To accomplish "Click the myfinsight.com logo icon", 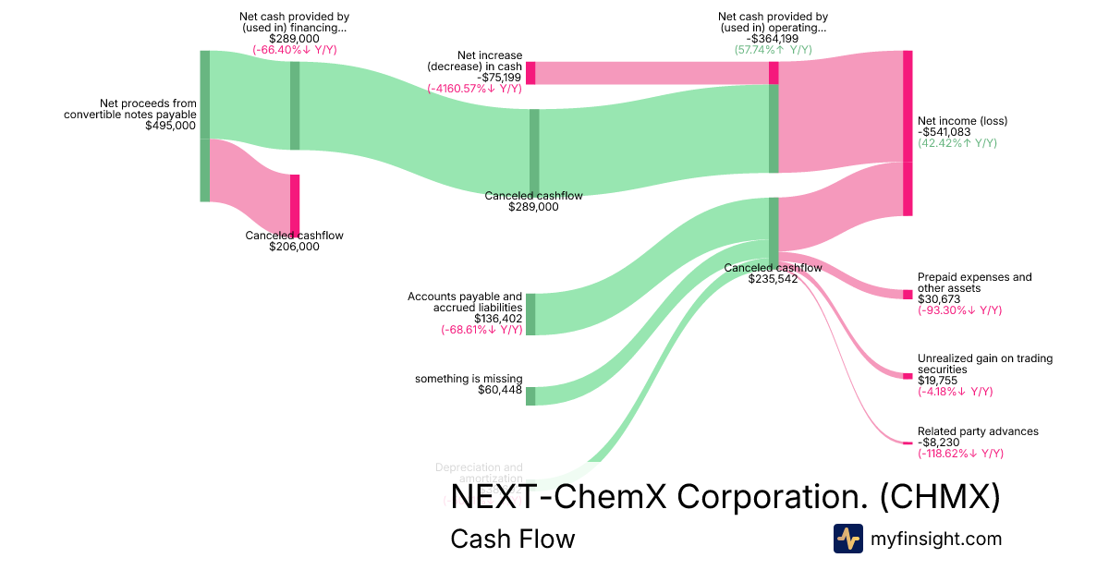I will coord(847,539).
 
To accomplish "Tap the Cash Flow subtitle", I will coord(512,539).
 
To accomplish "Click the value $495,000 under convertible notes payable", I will coord(171,126).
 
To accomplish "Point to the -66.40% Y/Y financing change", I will coord(294,50).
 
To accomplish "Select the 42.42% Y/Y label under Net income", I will coord(957,143).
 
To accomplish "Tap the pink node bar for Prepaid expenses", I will coord(908,294).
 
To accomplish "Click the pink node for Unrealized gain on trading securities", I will coord(908,375).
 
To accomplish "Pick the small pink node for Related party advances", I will coord(908,443).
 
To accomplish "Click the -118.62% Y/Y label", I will coord(960,454).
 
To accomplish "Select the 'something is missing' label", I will coord(469,379).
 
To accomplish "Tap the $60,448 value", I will coord(500,390).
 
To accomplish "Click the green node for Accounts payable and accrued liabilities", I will coord(530,314).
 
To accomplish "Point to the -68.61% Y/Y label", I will coord(481,330).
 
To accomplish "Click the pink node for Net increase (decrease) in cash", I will coord(530,73).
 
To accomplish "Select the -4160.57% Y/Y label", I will coord(474,89).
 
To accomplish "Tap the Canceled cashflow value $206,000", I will coord(294,247).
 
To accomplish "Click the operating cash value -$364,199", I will coord(773,39).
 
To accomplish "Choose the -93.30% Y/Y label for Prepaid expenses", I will coord(959,310).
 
